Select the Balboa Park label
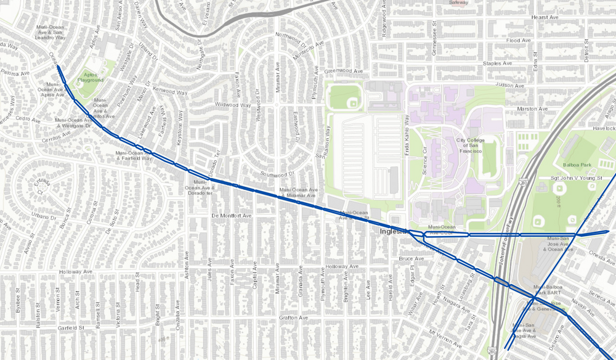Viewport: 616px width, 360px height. click(x=577, y=165)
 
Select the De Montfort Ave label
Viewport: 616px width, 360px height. click(x=232, y=216)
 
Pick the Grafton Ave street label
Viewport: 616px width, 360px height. click(x=293, y=318)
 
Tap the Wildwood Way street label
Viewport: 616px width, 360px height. click(x=232, y=105)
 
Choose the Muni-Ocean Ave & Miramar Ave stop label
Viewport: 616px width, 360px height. click(x=299, y=193)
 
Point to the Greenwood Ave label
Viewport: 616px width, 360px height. click(x=343, y=72)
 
